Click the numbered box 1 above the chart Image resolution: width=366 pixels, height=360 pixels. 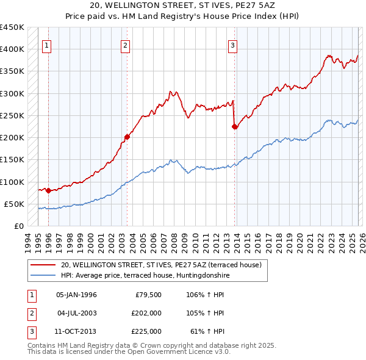47,45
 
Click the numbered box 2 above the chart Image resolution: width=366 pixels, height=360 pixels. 125,45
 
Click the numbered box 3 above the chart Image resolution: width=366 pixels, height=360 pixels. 232,45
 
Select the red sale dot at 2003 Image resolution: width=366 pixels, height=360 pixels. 127,137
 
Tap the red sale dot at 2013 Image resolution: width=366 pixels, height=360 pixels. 235,127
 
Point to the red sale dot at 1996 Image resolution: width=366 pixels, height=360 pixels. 49,190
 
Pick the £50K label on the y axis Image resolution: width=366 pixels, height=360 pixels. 14,204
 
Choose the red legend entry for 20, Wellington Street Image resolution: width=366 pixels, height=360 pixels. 161,265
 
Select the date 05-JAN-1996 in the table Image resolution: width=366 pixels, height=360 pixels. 76,295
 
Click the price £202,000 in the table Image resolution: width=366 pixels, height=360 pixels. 146,313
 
